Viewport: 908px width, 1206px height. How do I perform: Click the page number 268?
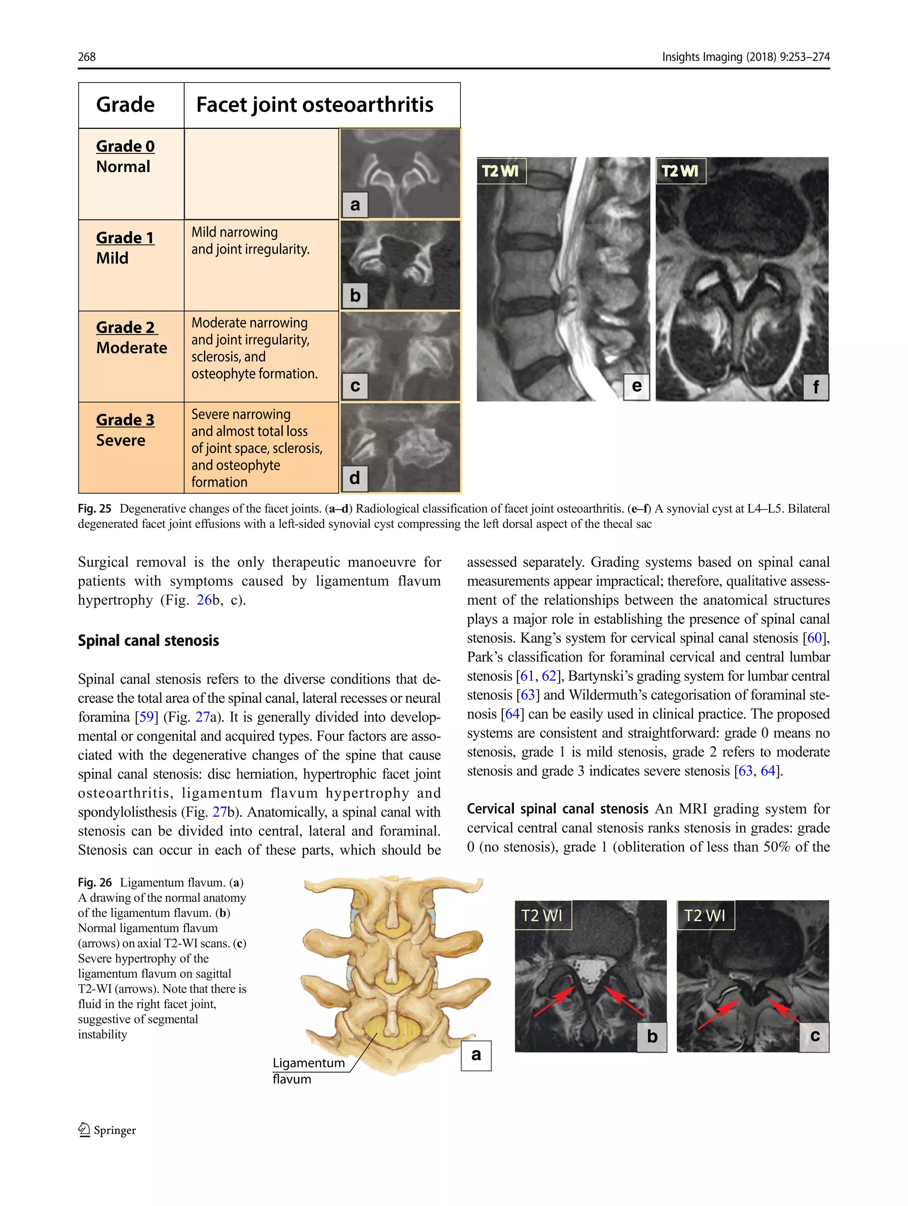[x=87, y=57]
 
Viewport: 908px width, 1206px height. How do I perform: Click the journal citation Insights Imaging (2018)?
[x=718, y=57]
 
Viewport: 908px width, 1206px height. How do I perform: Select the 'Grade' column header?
[x=125, y=105]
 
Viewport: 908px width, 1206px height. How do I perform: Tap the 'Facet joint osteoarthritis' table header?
[x=315, y=105]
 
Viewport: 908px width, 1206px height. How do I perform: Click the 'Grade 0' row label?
[x=125, y=146]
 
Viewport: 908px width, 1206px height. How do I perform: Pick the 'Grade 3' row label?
[x=125, y=420]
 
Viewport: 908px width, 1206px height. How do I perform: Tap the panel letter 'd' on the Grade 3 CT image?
[x=355, y=478]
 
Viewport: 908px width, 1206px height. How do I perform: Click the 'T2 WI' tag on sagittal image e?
[x=501, y=171]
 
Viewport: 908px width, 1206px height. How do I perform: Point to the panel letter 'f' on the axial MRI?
[x=815, y=387]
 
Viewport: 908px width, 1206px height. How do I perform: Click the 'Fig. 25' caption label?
[x=94, y=509]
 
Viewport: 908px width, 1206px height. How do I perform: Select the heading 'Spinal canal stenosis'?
[x=149, y=640]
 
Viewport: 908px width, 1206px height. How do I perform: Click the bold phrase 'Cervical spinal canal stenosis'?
[x=557, y=808]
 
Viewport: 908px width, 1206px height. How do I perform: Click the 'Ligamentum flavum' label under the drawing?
[x=308, y=1070]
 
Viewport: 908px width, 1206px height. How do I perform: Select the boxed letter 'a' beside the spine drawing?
[x=476, y=1055]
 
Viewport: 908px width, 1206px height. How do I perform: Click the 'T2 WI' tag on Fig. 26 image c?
[x=705, y=915]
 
